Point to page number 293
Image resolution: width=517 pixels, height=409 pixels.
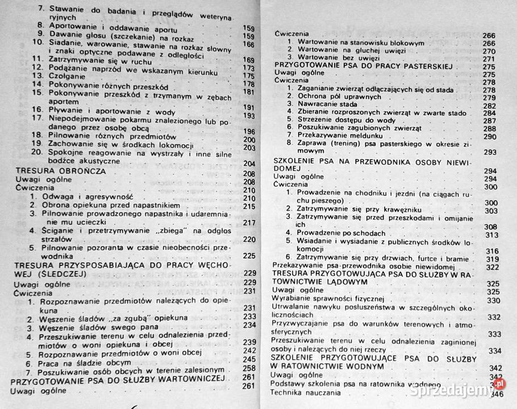point(489,153)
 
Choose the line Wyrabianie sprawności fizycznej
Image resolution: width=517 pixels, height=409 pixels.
point(328,300)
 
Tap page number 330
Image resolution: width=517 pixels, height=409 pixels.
point(493,300)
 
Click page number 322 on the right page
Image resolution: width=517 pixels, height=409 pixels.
point(492,267)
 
